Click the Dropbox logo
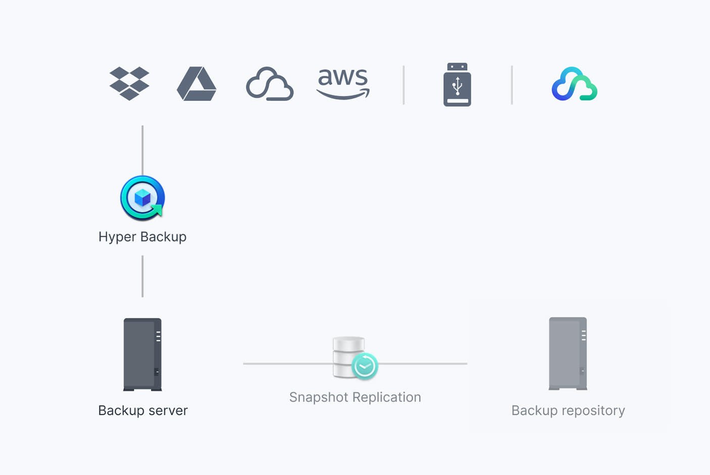pos(129,83)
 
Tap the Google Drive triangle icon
pos(196,84)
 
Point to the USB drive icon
pos(457,84)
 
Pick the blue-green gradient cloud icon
pos(574,84)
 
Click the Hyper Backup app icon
pos(142,198)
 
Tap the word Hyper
pos(118,237)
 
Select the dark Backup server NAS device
pos(142,354)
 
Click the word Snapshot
pos(318,397)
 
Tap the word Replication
pos(387,397)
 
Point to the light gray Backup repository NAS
pos(568,353)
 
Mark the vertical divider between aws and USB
pos(403,85)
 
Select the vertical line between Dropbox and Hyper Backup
pos(142,150)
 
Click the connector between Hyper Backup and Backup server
pos(142,276)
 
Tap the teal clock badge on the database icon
pos(365,366)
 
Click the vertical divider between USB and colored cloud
pos(512,85)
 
